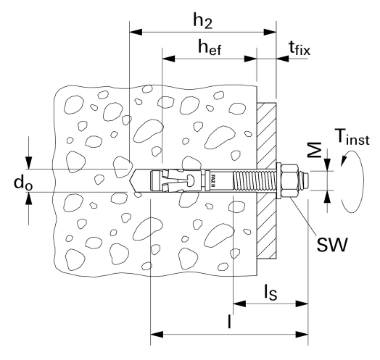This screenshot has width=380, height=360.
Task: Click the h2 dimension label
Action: point(202,21)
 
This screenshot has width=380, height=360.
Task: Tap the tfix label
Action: point(300,49)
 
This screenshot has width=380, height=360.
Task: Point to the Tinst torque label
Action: point(352,137)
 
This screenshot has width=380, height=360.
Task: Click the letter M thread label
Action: point(315,150)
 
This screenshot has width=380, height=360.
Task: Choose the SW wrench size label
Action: point(332,245)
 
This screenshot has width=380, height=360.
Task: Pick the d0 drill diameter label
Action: point(23,183)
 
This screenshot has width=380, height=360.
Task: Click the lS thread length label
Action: point(270,292)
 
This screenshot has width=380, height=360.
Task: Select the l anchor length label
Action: point(229,322)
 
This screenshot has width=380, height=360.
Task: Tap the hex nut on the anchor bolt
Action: point(290,180)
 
